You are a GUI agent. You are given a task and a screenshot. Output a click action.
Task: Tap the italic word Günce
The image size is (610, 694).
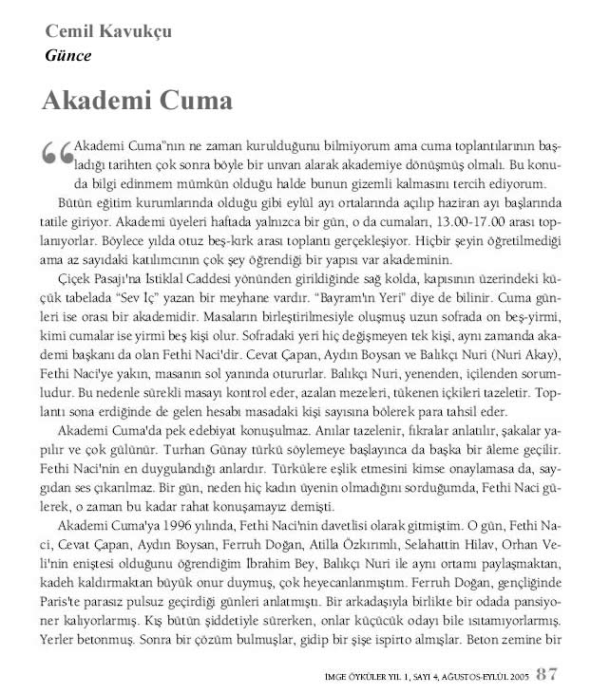67,54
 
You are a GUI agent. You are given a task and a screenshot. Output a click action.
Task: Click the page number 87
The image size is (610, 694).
547,675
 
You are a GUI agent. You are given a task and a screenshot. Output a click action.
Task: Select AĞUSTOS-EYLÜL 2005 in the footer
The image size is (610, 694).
475,677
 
